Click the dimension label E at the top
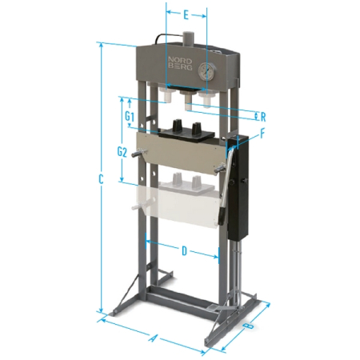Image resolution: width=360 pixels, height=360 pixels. click(x=186, y=15)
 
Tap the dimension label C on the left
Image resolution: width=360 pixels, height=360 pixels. click(x=101, y=179)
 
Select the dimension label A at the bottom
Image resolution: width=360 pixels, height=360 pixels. click(x=152, y=338)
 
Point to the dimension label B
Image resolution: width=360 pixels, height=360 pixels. click(x=249, y=326)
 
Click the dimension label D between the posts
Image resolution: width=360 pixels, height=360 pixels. click(x=184, y=251)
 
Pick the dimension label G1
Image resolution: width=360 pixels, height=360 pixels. click(x=130, y=116)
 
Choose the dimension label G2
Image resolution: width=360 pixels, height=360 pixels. click(x=122, y=152)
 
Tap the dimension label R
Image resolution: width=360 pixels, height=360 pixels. click(x=263, y=117)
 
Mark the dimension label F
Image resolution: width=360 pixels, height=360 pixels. click(x=262, y=134)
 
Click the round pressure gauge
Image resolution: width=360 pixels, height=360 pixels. click(x=206, y=70)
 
